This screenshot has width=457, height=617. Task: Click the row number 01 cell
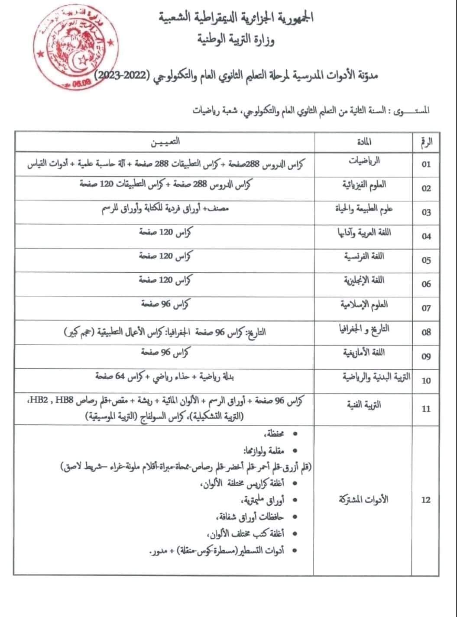(x=426, y=164)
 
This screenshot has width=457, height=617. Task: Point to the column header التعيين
(x=165, y=141)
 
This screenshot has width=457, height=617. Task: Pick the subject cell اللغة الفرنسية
(x=364, y=257)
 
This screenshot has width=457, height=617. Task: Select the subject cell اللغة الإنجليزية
(x=364, y=281)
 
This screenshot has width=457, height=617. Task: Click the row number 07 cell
(x=426, y=308)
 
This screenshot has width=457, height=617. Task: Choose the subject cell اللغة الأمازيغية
(x=364, y=353)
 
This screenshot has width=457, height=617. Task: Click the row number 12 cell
(x=426, y=500)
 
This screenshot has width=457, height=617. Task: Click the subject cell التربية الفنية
(x=364, y=405)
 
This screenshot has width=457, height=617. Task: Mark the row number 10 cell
(x=426, y=381)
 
